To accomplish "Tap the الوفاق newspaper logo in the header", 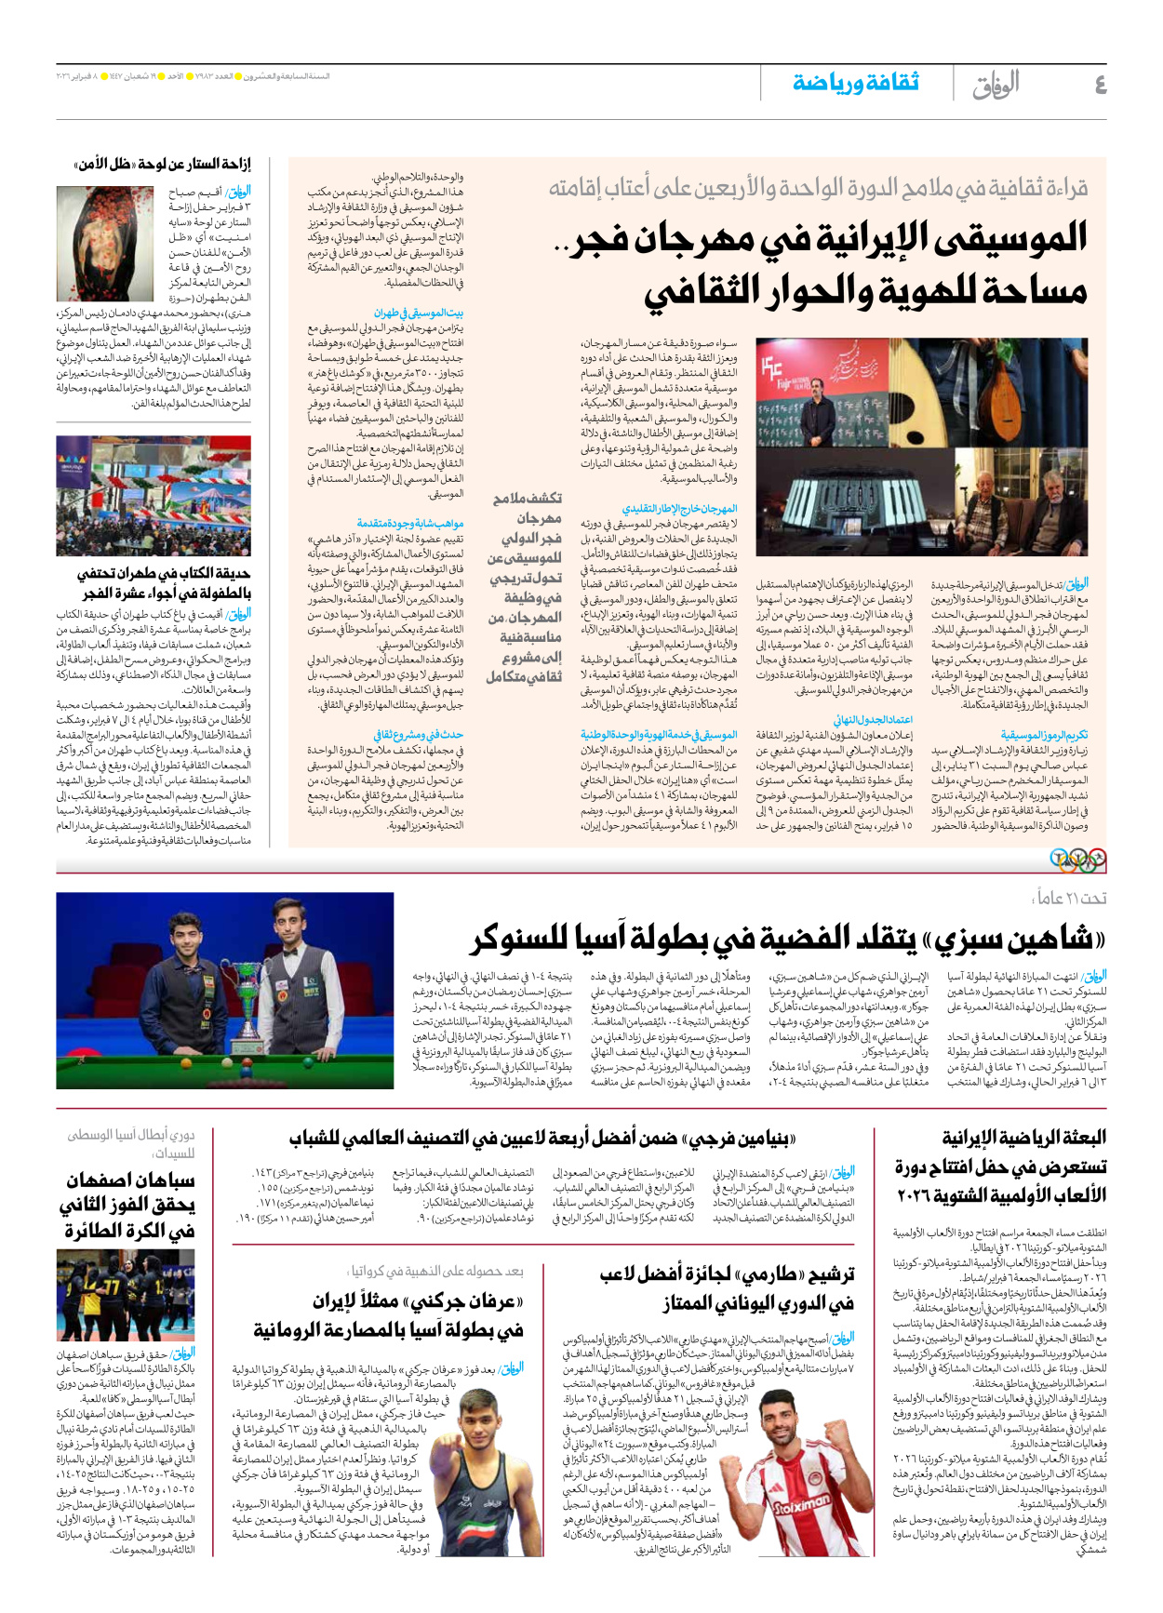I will point(996,85).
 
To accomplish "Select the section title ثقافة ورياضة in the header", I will point(855,84).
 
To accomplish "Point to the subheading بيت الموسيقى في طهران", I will point(419,313).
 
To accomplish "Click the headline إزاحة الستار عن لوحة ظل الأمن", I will point(163,165).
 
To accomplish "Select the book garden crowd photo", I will point(154,496).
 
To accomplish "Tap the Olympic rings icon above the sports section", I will point(1077,860).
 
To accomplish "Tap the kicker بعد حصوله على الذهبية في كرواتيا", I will point(436,1271).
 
